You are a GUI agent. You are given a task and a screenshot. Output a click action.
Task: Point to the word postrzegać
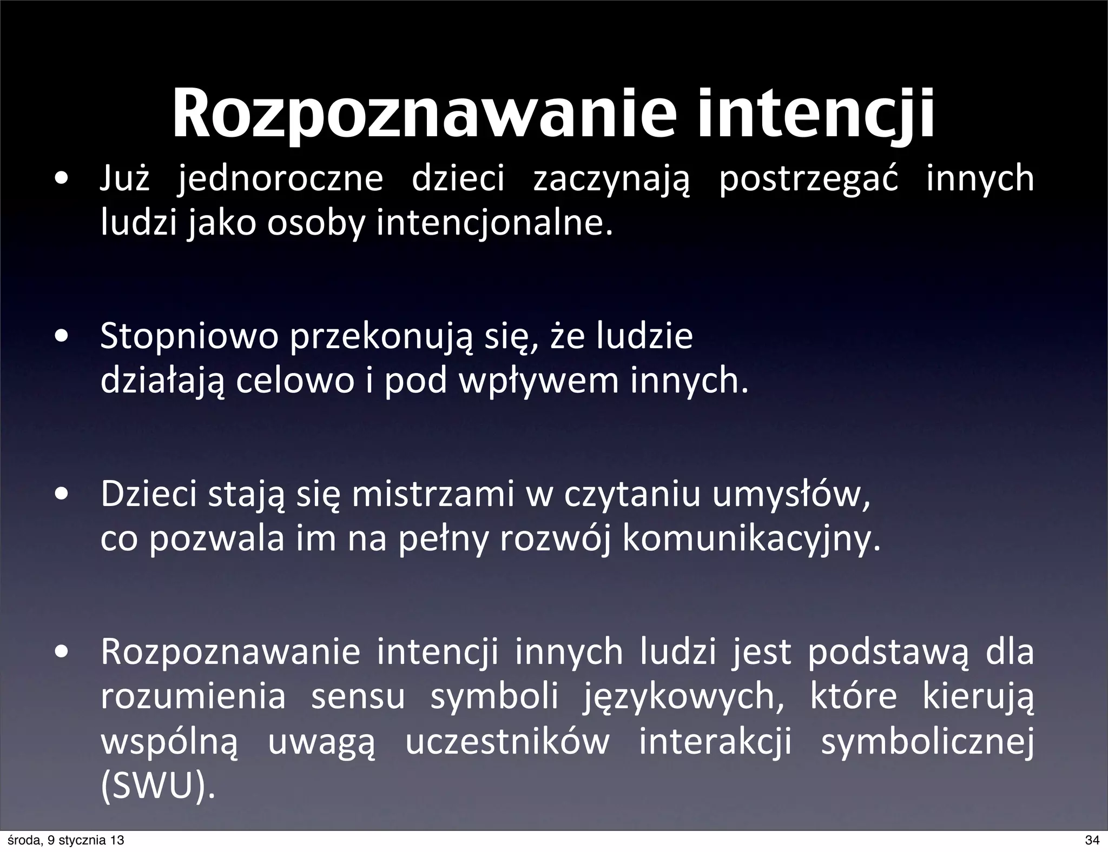pos(808,179)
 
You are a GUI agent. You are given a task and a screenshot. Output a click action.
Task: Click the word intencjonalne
pos(494,224)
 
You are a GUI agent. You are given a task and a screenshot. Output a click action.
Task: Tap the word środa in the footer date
pos(20,841)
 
